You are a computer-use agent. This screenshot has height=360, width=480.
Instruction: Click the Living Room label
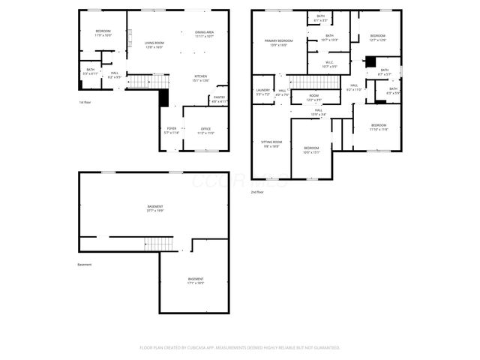(x=154, y=43)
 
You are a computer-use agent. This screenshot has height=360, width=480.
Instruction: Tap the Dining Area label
(x=205, y=33)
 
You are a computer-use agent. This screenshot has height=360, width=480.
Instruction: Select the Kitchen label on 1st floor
(x=201, y=77)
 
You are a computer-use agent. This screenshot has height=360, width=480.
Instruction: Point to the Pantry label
(x=219, y=98)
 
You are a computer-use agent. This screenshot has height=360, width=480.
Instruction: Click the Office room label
(x=206, y=130)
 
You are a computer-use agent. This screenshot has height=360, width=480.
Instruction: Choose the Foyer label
(x=172, y=130)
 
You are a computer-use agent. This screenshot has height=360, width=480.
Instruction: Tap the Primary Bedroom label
(x=277, y=42)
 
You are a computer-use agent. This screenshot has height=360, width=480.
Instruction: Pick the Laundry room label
(x=262, y=91)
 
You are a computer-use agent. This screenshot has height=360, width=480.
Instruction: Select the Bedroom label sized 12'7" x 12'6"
(x=377, y=37)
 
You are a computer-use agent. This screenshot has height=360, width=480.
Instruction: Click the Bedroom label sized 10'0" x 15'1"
(x=311, y=150)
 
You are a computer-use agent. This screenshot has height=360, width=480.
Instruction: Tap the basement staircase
(x=159, y=243)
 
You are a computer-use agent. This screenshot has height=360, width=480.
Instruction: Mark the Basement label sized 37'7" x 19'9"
(x=155, y=208)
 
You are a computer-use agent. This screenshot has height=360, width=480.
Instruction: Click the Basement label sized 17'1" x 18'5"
(x=196, y=280)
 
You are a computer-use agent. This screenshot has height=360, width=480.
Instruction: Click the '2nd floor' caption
(x=258, y=193)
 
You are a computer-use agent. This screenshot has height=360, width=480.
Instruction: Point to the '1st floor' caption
(x=85, y=102)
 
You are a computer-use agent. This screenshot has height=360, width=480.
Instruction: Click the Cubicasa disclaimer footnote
(x=240, y=347)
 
